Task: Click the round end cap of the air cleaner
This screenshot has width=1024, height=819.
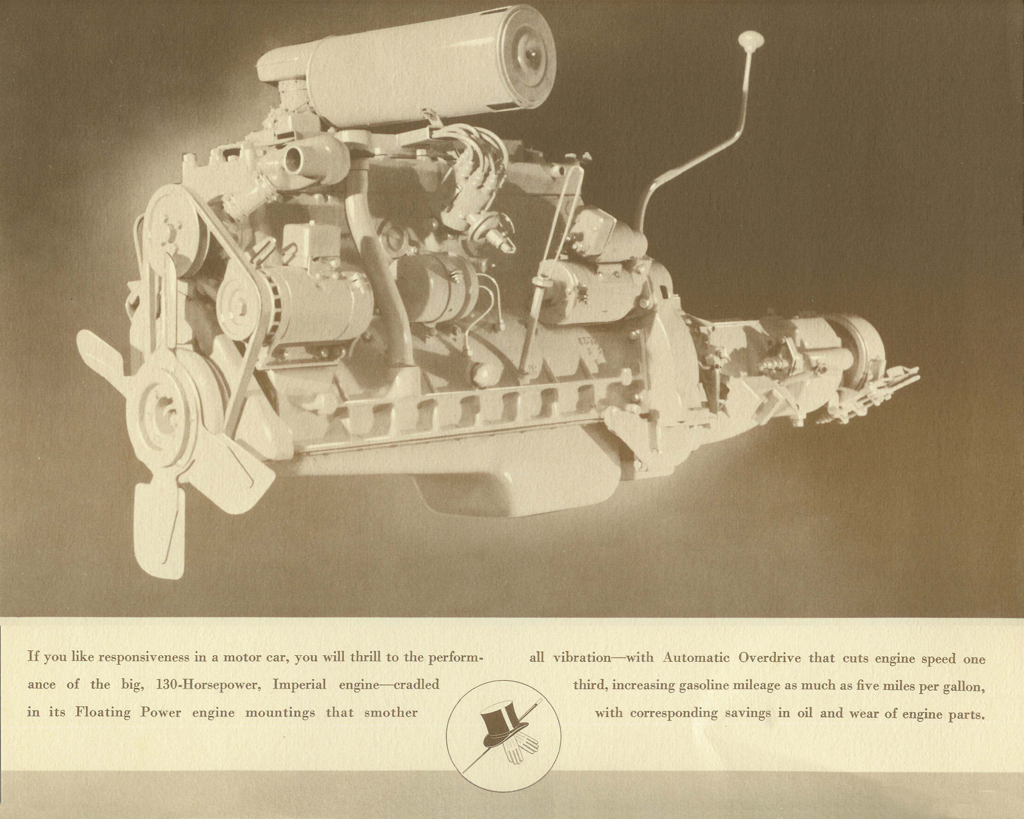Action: tap(522, 56)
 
